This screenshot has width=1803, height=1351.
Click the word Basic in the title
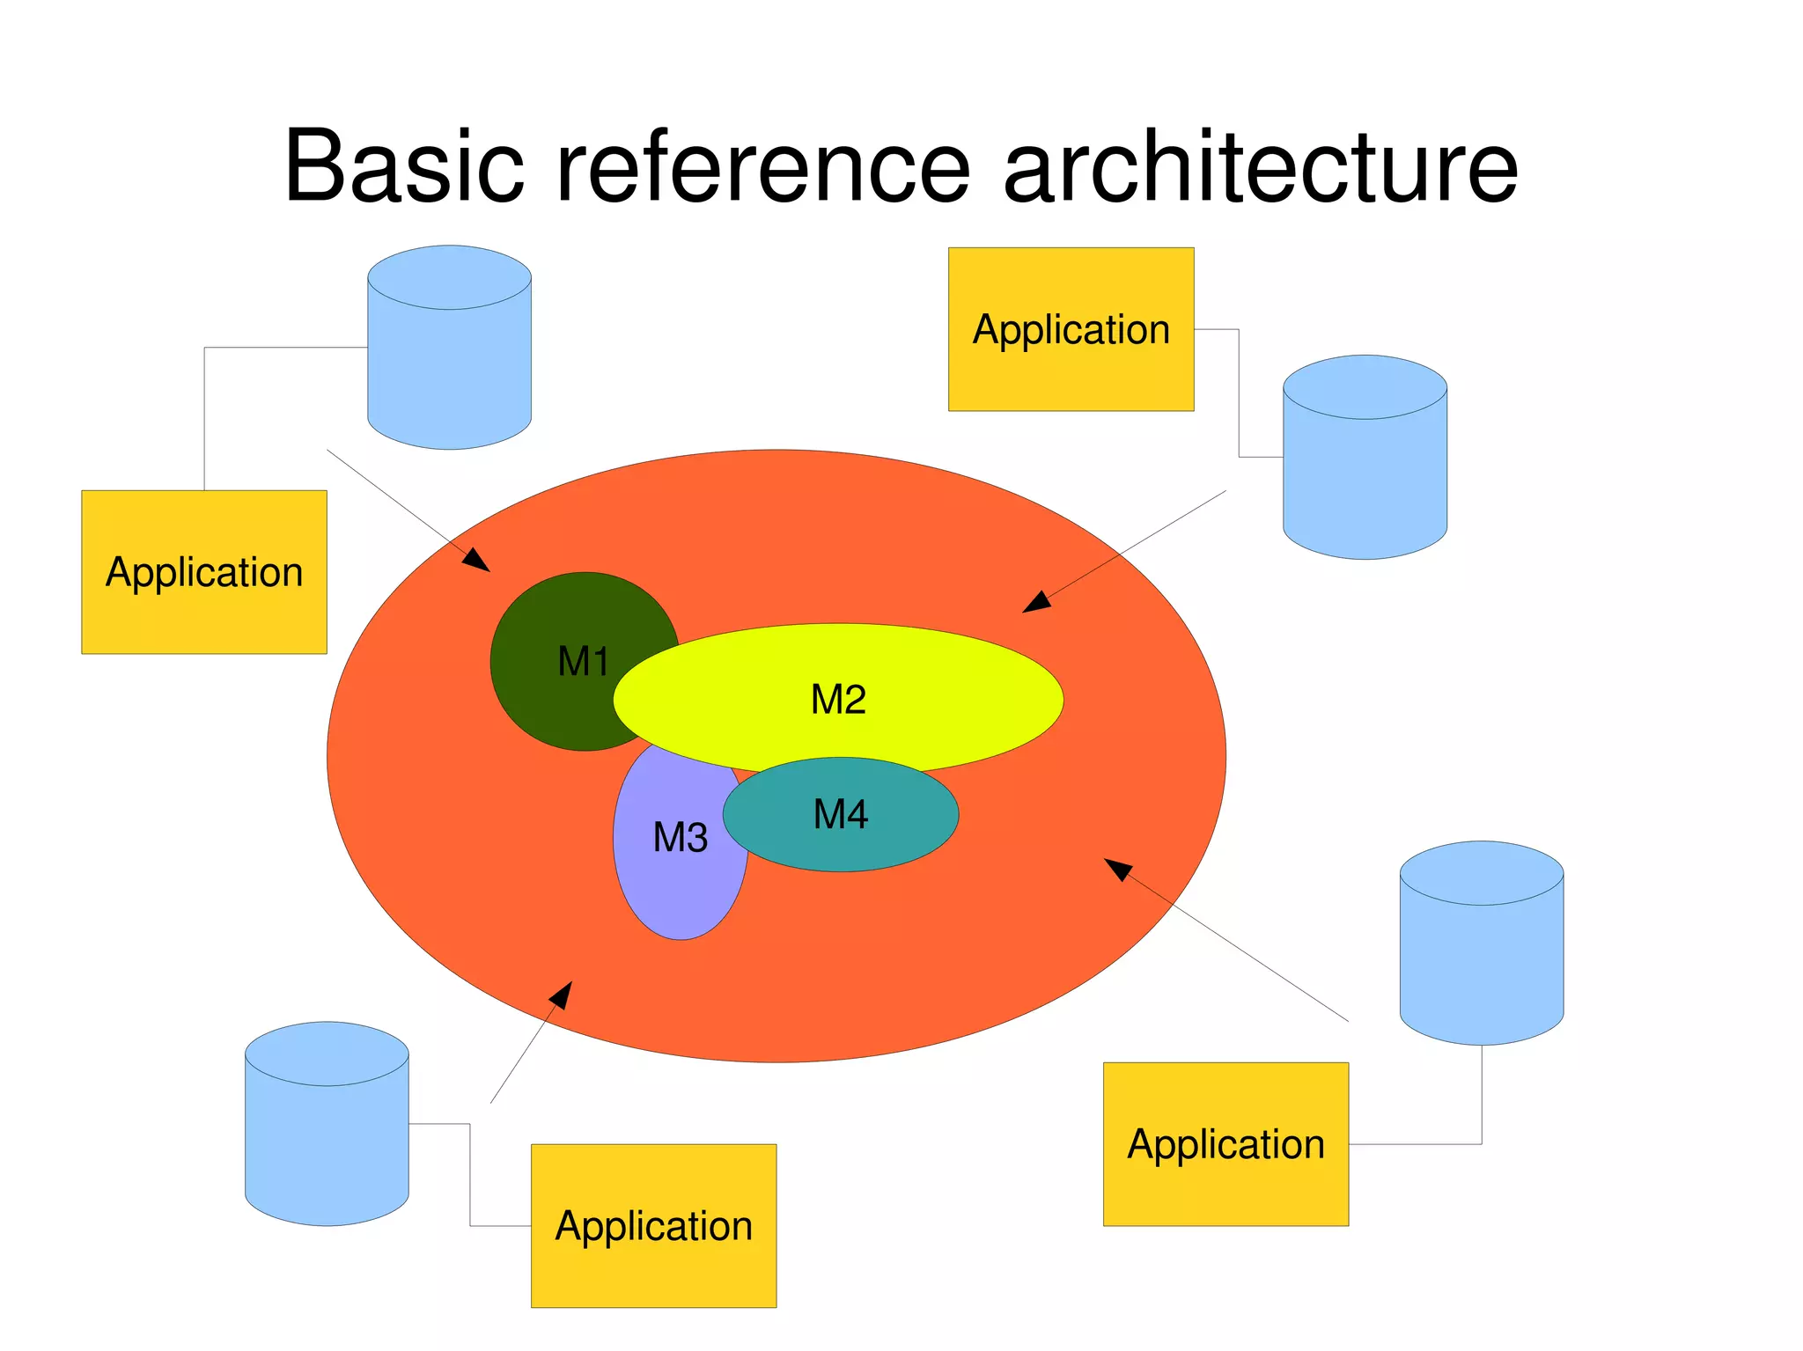[404, 167]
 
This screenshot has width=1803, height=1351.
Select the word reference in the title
[762, 167]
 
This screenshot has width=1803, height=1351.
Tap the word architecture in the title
[1260, 167]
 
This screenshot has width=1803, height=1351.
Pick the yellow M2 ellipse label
[838, 700]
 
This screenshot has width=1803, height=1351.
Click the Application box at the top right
[1071, 329]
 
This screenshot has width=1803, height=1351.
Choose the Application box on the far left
[204, 572]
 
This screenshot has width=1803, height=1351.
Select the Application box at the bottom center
[653, 1225]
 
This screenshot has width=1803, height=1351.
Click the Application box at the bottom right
[1225, 1143]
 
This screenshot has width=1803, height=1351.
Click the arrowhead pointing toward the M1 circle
[477, 561]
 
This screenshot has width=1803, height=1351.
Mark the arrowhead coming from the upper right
[1036, 603]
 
